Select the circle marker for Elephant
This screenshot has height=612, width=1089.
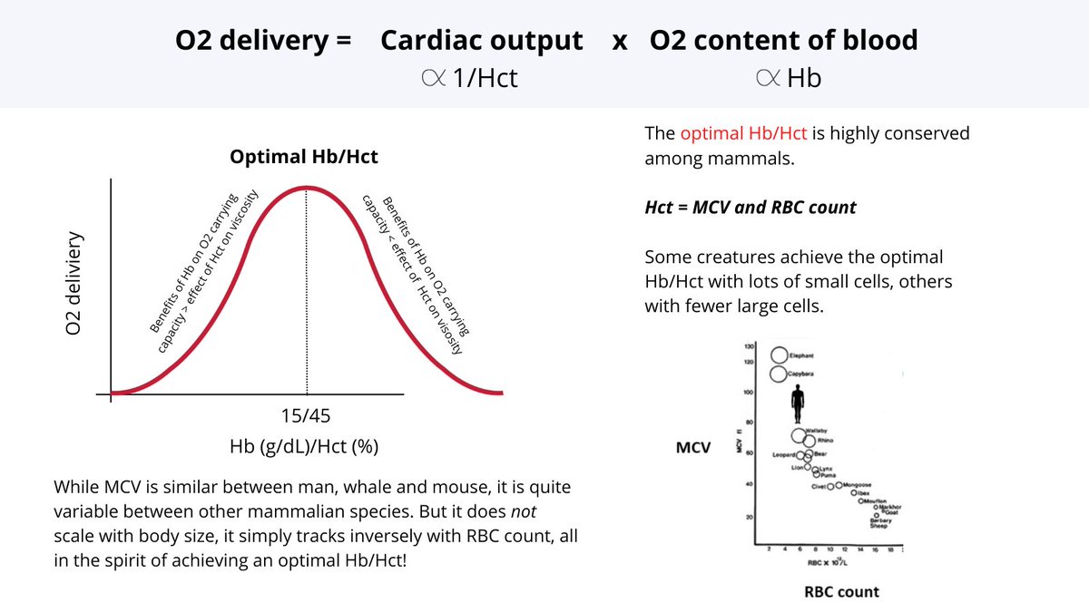coord(779,355)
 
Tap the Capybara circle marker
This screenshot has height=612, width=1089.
coord(778,374)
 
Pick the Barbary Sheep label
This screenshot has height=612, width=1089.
coord(878,523)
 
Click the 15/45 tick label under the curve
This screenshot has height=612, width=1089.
coord(307,416)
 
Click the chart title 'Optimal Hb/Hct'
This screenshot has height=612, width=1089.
coord(303,157)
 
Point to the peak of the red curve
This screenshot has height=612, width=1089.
coord(307,188)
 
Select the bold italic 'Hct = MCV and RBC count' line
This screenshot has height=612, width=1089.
coord(751,207)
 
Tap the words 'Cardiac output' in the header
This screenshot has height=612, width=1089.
coord(482,40)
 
